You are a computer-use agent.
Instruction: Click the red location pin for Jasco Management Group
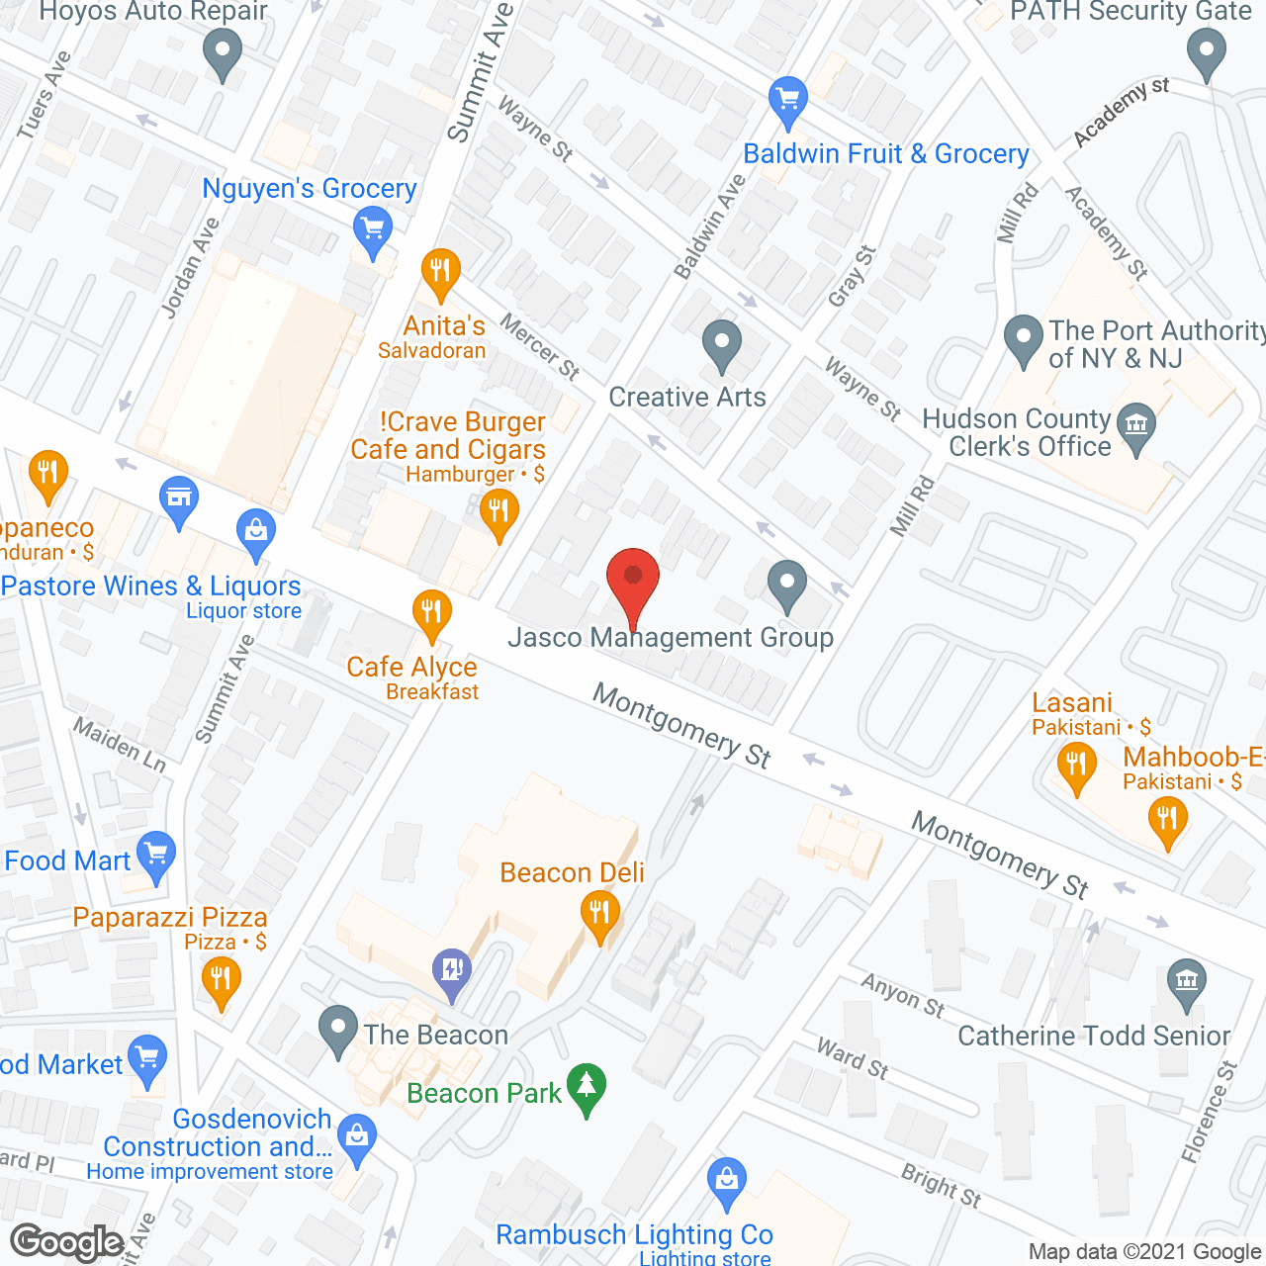(632, 579)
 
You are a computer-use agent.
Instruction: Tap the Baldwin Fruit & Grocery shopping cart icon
(788, 100)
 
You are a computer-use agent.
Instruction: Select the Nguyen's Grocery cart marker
(372, 232)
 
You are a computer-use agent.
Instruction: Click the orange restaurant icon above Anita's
(440, 271)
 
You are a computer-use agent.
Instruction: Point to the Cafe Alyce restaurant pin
(431, 612)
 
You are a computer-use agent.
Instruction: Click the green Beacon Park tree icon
(588, 1087)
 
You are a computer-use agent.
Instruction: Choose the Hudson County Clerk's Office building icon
(1136, 429)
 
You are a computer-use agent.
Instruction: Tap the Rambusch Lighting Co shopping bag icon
(727, 1181)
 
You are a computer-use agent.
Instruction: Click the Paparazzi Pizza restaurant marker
(221, 982)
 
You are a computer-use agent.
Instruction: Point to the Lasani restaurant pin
(1076, 768)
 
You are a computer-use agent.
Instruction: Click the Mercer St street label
(539, 346)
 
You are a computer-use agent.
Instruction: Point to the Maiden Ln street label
(120, 744)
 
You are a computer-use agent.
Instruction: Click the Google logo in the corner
(67, 1242)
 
